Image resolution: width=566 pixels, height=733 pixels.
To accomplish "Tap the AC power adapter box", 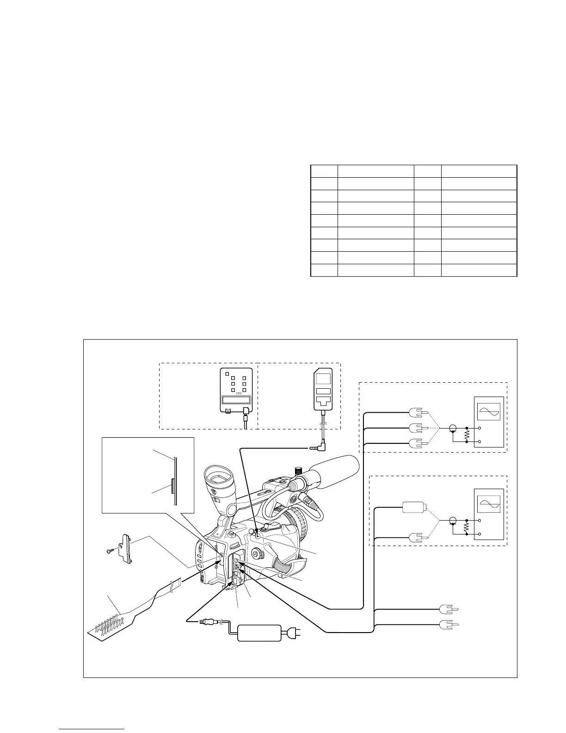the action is click(259, 633).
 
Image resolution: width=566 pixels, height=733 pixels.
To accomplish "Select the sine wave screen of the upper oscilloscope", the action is click(488, 411).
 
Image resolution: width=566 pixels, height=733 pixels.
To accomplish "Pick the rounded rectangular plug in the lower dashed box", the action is click(414, 507).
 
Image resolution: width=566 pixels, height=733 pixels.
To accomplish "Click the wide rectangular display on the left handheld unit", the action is click(235, 400).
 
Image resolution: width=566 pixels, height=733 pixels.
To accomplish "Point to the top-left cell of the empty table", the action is click(324, 171).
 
